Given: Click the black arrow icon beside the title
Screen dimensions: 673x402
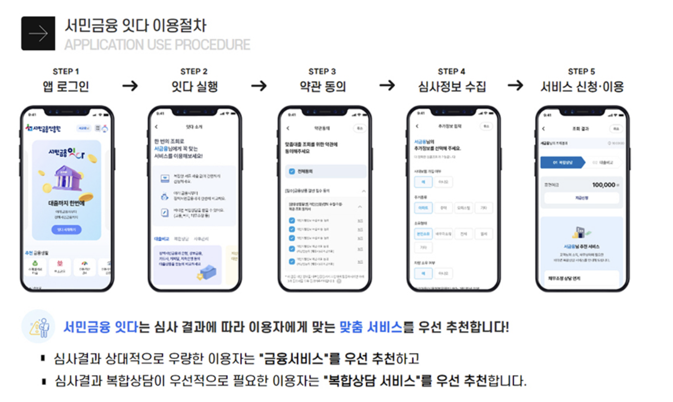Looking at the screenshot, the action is click(x=38, y=33).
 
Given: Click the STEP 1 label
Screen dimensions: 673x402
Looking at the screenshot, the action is click(x=66, y=71).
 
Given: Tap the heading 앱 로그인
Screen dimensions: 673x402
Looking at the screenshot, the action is click(x=66, y=86).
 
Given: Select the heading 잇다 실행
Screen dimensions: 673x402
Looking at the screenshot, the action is click(x=194, y=86).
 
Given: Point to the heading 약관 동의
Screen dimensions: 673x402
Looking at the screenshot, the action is click(x=323, y=86).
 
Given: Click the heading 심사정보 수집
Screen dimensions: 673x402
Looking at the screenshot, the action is click(x=452, y=86).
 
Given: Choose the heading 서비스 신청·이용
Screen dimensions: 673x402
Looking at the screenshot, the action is click(x=582, y=86).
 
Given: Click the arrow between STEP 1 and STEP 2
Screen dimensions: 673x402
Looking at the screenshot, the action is click(x=130, y=85).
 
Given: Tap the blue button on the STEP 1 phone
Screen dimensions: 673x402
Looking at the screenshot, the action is click(x=66, y=230).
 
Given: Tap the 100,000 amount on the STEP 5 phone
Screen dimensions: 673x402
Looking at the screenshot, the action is click(x=603, y=185).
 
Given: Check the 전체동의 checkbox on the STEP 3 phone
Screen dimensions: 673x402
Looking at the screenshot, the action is click(x=292, y=171).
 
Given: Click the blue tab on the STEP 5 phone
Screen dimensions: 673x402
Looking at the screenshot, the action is click(x=563, y=162).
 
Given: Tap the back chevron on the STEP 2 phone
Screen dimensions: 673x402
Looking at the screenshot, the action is click(x=156, y=127).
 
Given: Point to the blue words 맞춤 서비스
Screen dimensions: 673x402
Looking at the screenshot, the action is click(x=371, y=327).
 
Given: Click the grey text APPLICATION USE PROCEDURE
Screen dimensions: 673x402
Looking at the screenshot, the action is click(x=157, y=45).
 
